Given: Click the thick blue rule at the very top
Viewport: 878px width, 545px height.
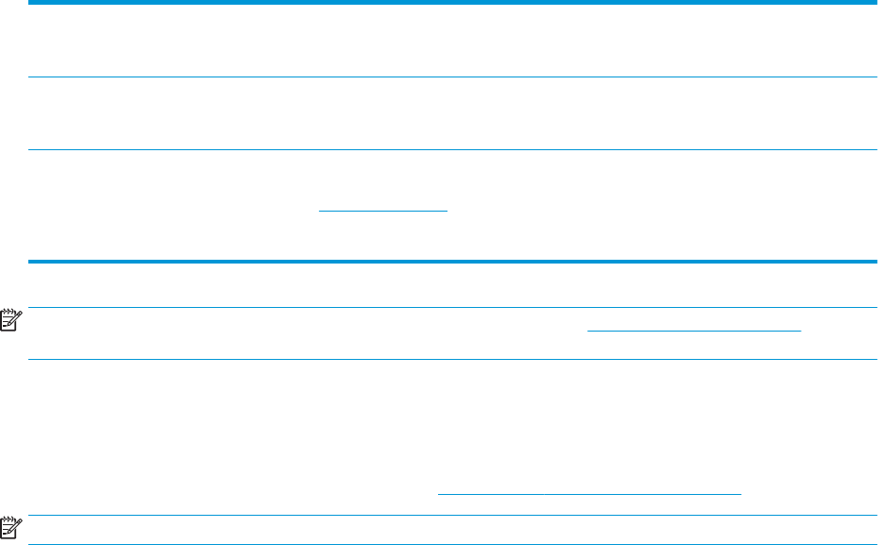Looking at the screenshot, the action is (451, 4).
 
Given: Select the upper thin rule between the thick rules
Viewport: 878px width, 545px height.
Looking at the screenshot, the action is (451, 77).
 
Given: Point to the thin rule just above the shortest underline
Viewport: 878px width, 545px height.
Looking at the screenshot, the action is (451, 149).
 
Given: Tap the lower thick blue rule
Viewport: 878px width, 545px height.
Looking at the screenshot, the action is (451, 262).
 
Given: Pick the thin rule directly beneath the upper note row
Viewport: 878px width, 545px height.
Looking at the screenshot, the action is (451, 358).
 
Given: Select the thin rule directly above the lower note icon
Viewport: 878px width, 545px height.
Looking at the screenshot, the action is (451, 515).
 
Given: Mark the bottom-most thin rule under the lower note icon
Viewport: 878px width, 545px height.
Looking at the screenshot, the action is (451, 544).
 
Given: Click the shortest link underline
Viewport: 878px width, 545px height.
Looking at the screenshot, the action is (382, 210).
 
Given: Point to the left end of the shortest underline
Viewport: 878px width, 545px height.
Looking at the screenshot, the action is (318, 210).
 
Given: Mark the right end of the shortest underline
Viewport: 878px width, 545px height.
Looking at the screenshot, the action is (447, 210).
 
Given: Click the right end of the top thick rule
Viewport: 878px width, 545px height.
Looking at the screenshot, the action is (875, 4).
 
